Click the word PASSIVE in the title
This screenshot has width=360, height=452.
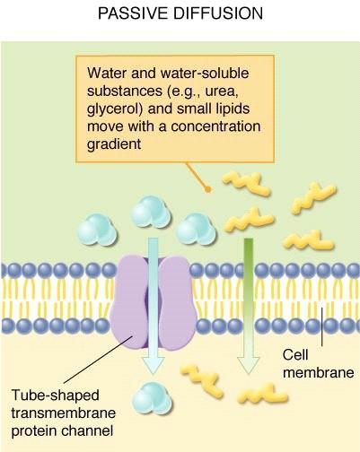click(133, 13)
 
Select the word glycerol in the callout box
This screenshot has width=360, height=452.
click(115, 109)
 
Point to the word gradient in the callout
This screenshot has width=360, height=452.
click(114, 144)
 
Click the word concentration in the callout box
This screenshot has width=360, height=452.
click(215, 126)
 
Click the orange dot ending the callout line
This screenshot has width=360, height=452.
click(208, 189)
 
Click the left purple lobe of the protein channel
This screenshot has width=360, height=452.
click(129, 302)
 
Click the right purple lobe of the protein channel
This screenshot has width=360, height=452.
click(177, 302)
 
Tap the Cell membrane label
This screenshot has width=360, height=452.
click(318, 363)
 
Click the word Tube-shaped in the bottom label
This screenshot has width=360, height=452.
click(55, 395)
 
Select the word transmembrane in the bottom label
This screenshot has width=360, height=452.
click(64, 413)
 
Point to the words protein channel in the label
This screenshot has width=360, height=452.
click(62, 431)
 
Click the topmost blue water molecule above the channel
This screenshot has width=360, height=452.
click(151, 212)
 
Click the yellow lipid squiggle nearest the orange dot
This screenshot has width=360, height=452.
click(247, 183)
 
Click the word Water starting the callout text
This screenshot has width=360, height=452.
click(107, 73)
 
